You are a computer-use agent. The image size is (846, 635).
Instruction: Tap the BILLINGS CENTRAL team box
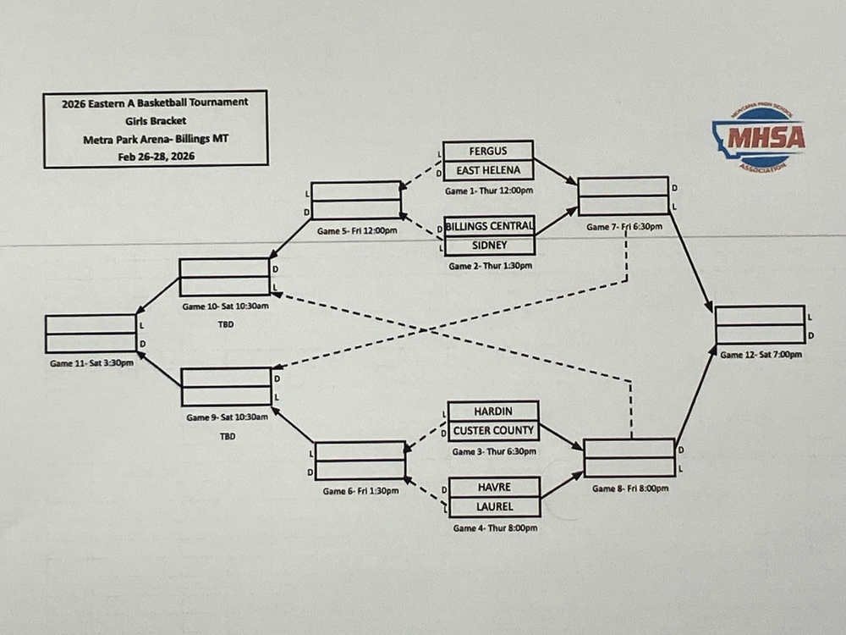(x=491, y=226)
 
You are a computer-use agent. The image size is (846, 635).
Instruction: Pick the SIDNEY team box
(x=491, y=245)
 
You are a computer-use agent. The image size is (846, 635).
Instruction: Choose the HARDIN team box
(x=493, y=411)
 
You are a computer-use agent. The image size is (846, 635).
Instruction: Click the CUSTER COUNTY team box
(x=493, y=430)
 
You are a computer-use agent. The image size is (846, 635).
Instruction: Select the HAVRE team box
(x=494, y=488)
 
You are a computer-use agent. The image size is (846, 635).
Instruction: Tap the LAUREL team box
(x=494, y=507)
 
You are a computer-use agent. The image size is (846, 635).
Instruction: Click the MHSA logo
(x=758, y=138)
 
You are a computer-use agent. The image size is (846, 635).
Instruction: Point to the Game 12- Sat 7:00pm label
(x=761, y=355)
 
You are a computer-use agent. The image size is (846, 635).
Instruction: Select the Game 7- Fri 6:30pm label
(x=624, y=227)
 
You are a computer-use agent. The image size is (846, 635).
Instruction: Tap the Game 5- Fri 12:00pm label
(x=356, y=230)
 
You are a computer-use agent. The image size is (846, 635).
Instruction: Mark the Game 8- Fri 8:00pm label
(x=630, y=489)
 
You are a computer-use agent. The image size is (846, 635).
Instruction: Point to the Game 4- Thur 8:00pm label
(x=495, y=527)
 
